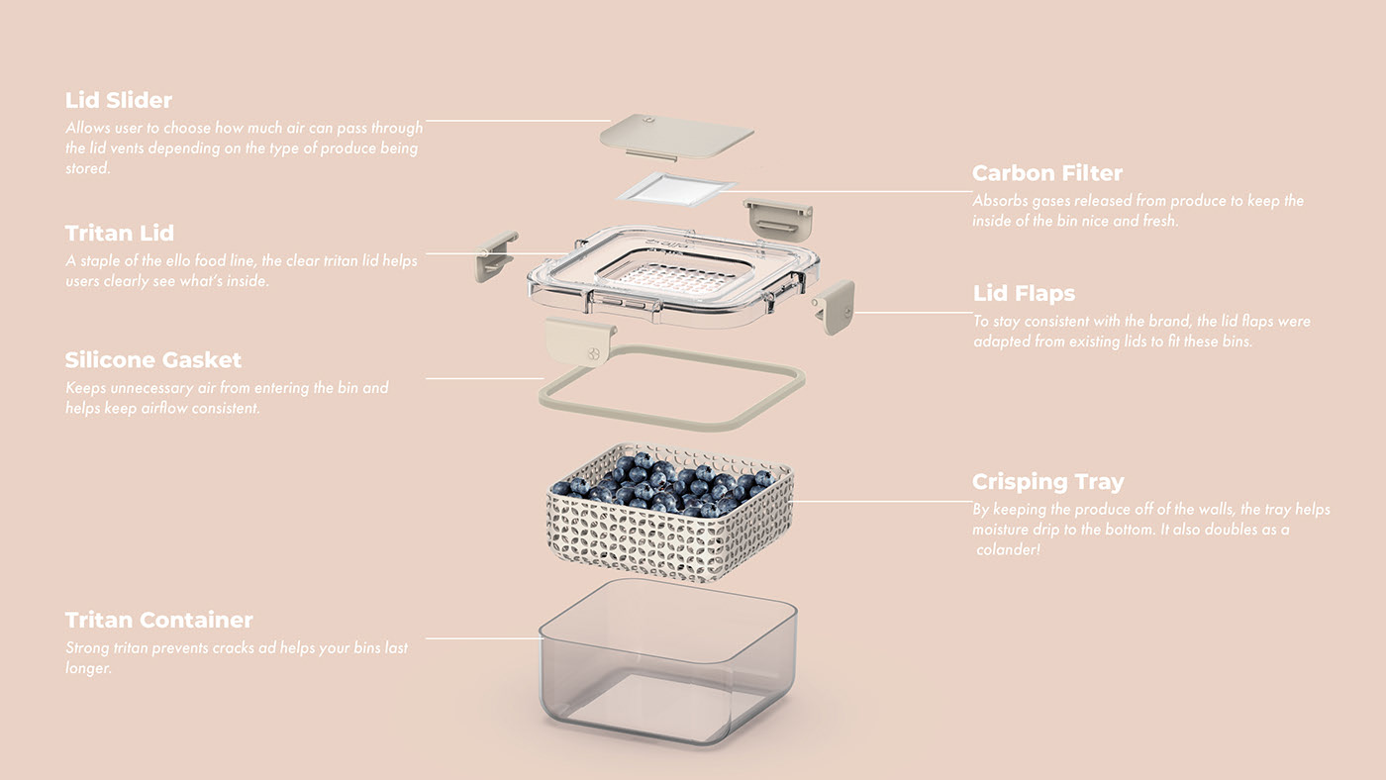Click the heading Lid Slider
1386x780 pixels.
(x=119, y=101)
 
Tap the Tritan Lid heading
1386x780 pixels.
(x=120, y=234)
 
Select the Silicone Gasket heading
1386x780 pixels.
(x=153, y=360)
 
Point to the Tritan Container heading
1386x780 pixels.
(x=159, y=621)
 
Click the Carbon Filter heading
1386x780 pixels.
(x=1047, y=173)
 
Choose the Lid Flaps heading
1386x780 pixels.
(x=1024, y=294)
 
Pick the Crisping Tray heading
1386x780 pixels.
(x=1048, y=483)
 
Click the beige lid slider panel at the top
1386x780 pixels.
(x=676, y=135)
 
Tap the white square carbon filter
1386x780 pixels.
(x=676, y=187)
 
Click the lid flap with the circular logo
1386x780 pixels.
(x=580, y=342)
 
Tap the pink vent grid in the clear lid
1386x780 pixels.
(x=673, y=278)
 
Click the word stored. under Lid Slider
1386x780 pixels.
(x=88, y=168)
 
